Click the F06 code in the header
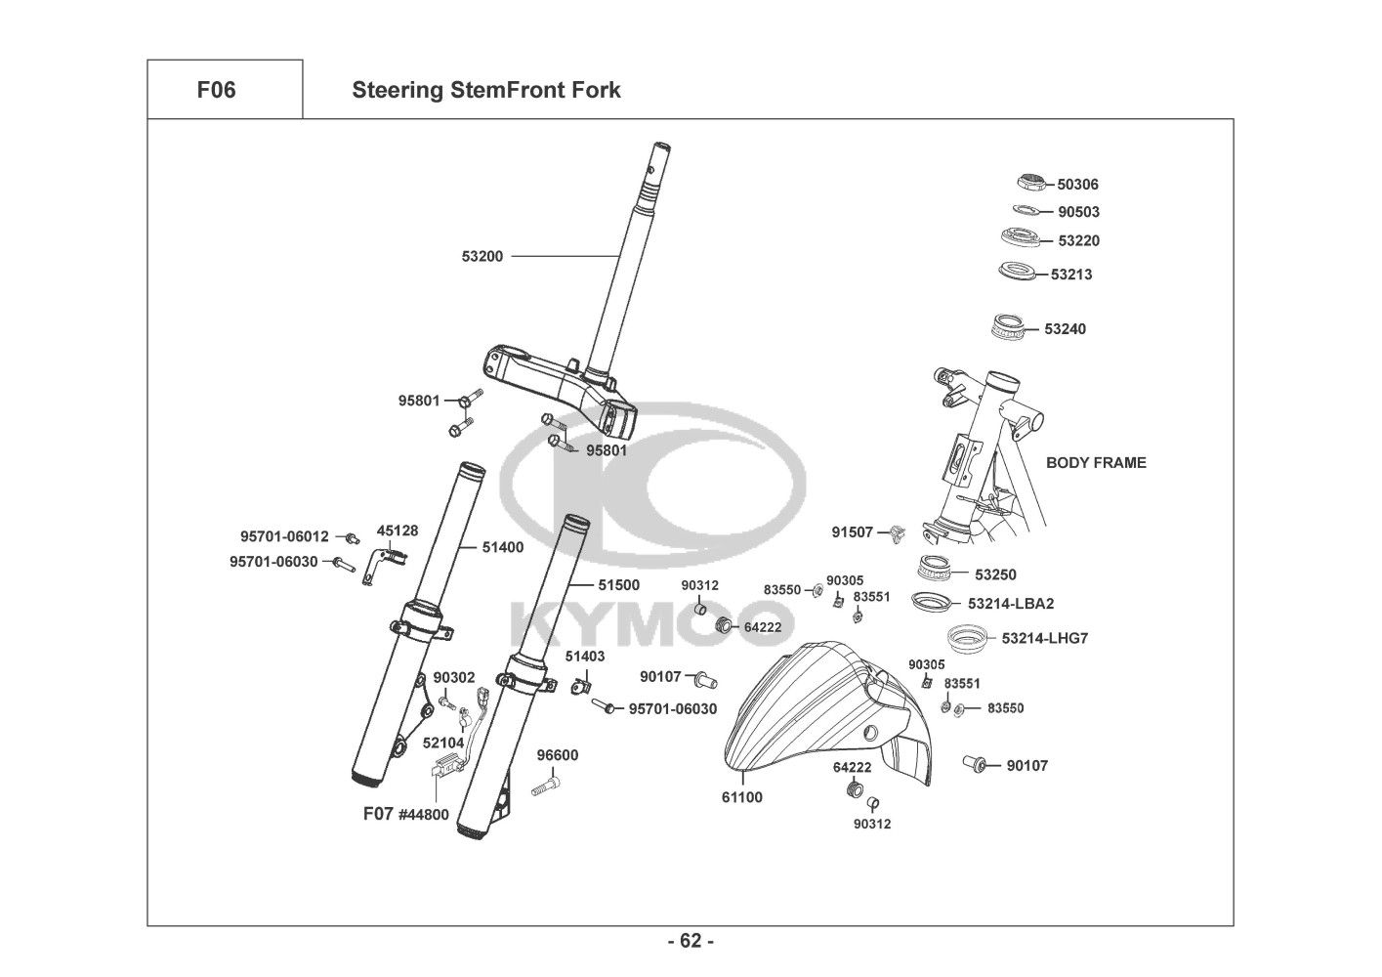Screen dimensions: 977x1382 click(216, 90)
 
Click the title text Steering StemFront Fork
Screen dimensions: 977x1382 click(485, 91)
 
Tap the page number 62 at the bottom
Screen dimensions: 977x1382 click(691, 941)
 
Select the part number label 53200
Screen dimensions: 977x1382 click(482, 257)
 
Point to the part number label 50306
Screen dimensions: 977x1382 click(1078, 184)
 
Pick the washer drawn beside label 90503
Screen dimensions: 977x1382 click(1026, 209)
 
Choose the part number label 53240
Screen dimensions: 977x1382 click(1065, 329)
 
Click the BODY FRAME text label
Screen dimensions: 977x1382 click(1096, 462)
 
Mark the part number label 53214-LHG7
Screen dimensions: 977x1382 click(1044, 639)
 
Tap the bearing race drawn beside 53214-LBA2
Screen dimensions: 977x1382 click(934, 601)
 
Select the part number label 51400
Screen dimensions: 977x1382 click(502, 548)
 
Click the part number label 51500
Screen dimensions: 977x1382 click(618, 585)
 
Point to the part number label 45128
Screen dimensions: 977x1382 click(398, 531)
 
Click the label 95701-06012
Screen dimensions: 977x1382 click(284, 536)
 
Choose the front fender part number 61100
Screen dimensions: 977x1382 click(742, 797)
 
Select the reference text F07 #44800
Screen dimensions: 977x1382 click(406, 813)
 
